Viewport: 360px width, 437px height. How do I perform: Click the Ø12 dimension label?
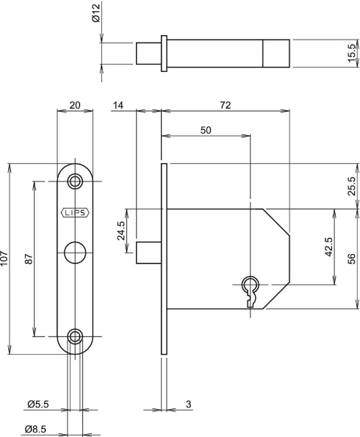click(96, 13)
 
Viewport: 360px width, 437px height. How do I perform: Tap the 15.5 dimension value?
click(352, 53)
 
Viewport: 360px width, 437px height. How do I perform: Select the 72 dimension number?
click(226, 105)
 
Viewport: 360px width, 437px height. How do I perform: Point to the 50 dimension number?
click(206, 130)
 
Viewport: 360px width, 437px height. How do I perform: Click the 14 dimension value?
click(118, 105)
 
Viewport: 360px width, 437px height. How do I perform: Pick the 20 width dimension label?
click(75, 105)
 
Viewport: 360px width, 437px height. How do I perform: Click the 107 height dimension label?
click(4, 259)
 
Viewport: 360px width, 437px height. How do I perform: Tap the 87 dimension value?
click(29, 259)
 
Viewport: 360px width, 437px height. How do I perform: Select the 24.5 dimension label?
click(120, 231)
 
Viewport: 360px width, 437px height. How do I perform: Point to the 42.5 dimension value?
click(328, 247)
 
